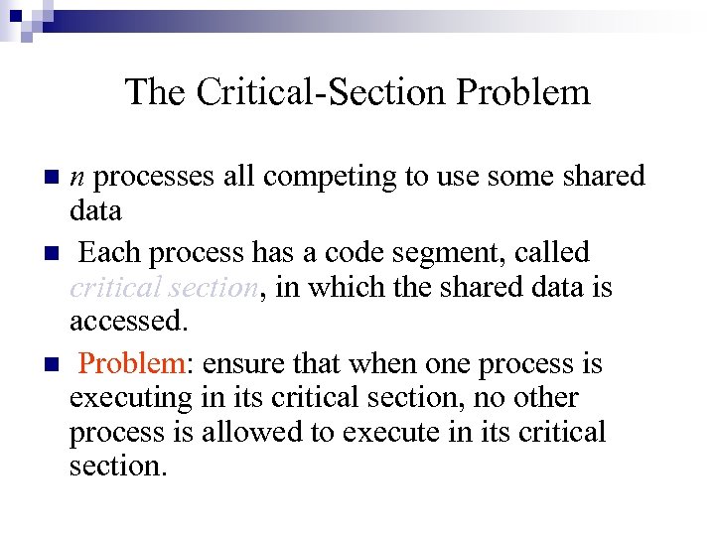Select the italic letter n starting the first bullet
76,177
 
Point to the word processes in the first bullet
155,177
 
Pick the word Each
104,252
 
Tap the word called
553,252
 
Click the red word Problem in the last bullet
130,363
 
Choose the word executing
130,398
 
